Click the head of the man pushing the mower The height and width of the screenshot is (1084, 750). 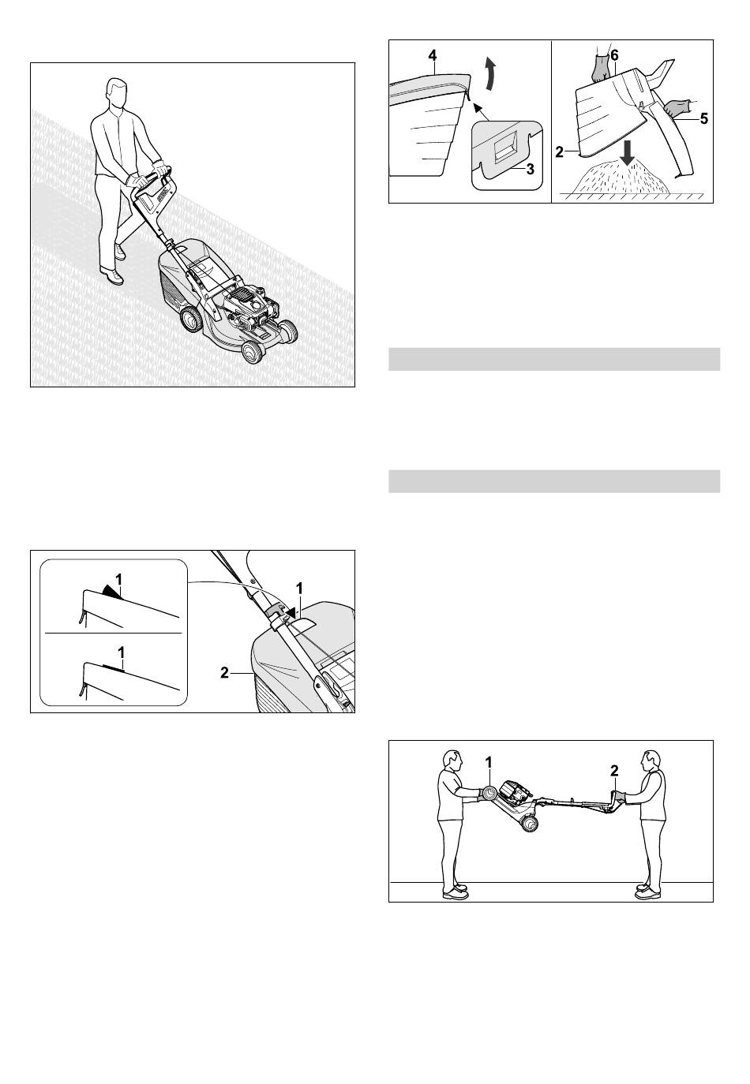116,93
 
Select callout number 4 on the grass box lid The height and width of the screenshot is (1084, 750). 433,56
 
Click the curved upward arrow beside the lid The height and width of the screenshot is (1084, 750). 491,73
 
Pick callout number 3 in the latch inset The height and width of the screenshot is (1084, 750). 531,170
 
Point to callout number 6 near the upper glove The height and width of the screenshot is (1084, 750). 614,56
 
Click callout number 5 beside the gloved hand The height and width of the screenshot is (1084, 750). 703,118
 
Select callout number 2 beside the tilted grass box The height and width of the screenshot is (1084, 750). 559,152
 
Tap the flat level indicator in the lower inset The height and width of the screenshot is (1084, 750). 114,667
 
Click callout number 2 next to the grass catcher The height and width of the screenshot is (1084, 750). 224,672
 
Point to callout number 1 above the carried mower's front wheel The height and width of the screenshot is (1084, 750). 489,762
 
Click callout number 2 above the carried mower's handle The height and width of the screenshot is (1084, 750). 614,771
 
